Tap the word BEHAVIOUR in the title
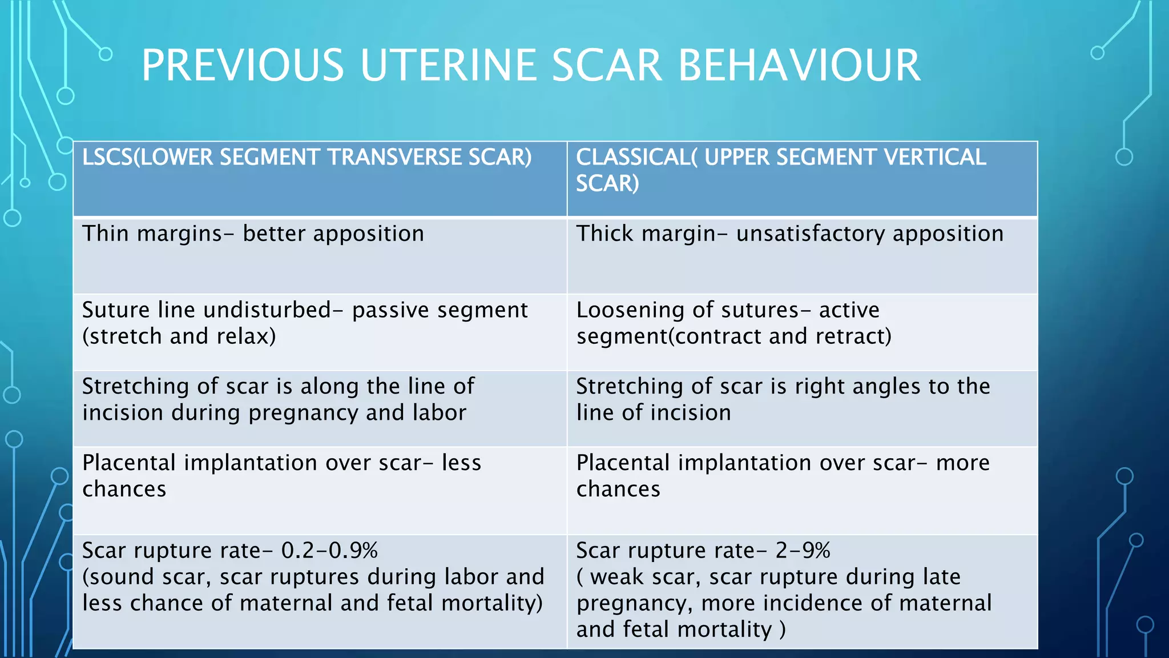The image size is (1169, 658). tap(799, 65)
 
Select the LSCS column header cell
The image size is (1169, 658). tap(320, 178)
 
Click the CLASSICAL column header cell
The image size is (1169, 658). tap(802, 178)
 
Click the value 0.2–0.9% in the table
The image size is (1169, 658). tap(329, 551)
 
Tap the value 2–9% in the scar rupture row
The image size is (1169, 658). tap(803, 551)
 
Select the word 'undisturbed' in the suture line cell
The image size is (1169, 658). tap(267, 310)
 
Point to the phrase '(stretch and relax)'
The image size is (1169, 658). tap(179, 336)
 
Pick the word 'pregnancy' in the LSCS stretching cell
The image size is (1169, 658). tap(303, 413)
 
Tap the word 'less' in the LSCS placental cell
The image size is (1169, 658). tap(461, 463)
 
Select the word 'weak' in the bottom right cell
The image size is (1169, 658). tap(618, 577)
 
